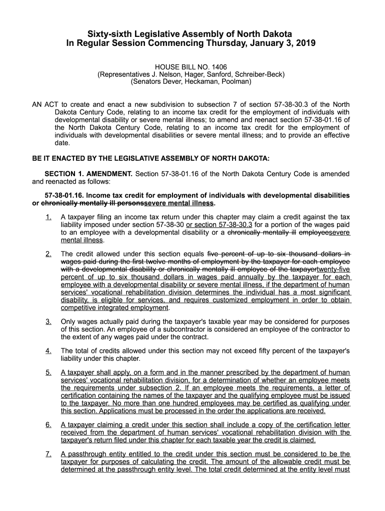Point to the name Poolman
click(x=235, y=81)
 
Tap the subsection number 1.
click(x=48, y=217)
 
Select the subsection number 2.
click(x=48, y=254)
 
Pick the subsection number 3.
click(x=48, y=322)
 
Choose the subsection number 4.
click(x=48, y=351)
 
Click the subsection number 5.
click(x=48, y=373)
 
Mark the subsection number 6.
click(x=48, y=425)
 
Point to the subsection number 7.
click(x=48, y=454)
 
